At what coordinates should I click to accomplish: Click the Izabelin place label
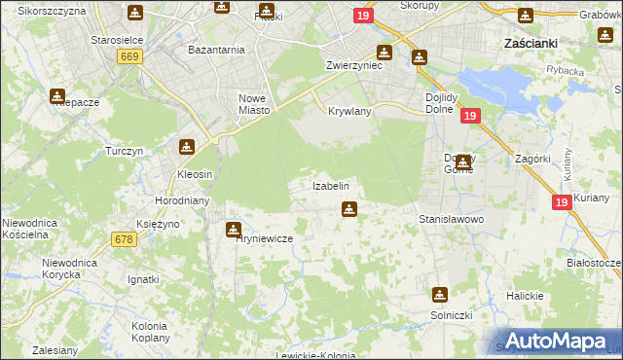click(330, 185)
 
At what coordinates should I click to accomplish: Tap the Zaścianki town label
click(530, 44)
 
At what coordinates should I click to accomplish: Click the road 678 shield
click(124, 240)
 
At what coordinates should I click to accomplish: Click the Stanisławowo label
click(451, 219)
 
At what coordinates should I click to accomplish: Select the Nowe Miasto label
click(253, 104)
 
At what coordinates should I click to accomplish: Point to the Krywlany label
click(350, 111)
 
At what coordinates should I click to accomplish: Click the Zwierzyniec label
click(353, 67)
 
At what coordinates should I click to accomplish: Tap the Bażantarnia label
click(216, 48)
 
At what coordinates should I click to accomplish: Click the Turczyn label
click(125, 151)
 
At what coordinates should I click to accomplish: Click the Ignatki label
click(143, 279)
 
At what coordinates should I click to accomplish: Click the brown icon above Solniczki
click(440, 294)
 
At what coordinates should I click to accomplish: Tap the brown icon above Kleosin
click(186, 148)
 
